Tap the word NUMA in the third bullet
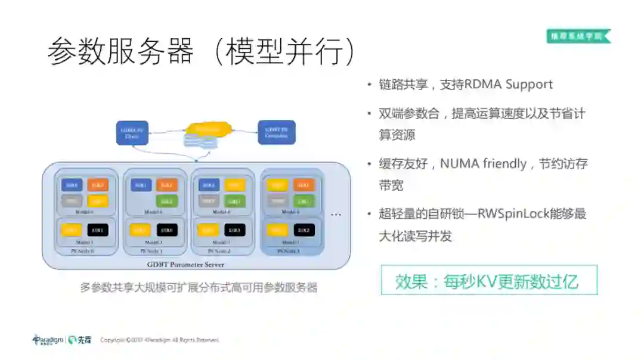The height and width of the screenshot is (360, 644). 459,163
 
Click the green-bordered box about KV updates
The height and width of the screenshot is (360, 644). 489,280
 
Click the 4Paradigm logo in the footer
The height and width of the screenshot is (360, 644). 48,340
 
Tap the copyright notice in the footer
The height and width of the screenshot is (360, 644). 159,340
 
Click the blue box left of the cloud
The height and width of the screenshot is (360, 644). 132,133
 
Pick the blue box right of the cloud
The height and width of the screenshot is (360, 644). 276,133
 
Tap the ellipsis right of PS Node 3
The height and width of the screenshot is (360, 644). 336,214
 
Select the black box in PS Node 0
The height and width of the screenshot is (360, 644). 98,230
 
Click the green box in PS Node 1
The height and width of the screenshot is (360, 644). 167,201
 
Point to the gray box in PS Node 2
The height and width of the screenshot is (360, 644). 208,201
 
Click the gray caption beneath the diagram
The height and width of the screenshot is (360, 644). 199,288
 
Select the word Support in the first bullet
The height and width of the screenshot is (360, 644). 529,85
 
